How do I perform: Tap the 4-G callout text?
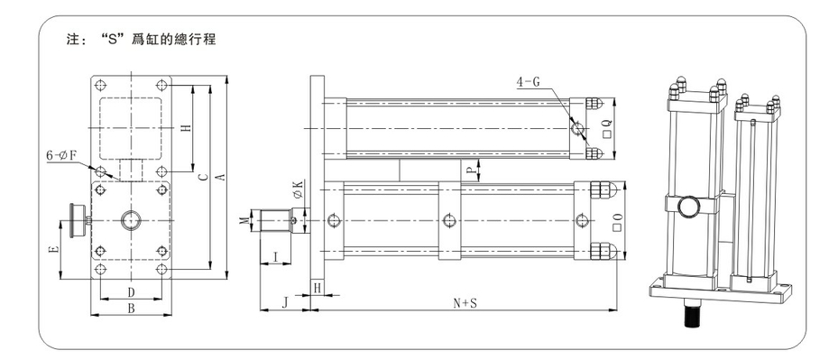[529, 82]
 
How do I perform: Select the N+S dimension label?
[465, 303]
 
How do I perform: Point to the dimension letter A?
[222, 177]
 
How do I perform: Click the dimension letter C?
[203, 177]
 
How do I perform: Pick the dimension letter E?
[54, 248]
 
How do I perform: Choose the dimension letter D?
[132, 292]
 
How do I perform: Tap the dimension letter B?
[132, 309]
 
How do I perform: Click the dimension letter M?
[244, 220]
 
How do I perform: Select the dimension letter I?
[275, 257]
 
